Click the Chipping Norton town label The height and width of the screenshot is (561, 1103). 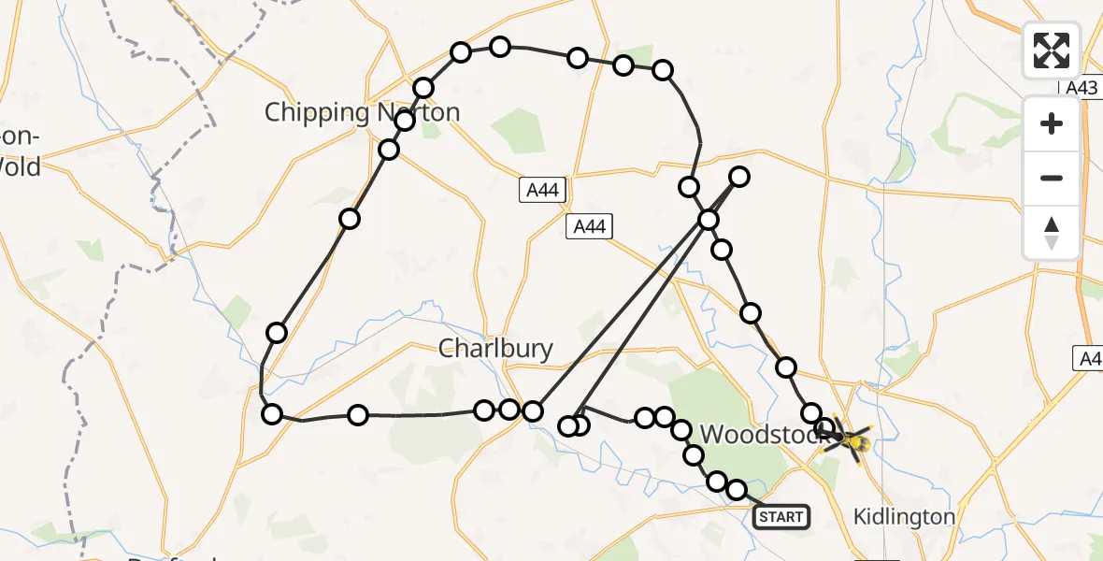pyautogui.click(x=362, y=113)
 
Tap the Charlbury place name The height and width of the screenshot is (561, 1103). pyautogui.click(x=495, y=350)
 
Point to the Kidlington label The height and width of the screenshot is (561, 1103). pyautogui.click(x=905, y=517)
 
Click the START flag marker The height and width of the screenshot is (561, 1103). pyautogui.click(x=781, y=516)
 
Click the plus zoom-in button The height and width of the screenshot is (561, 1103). pyautogui.click(x=1052, y=123)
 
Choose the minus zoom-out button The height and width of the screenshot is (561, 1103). pyautogui.click(x=1052, y=178)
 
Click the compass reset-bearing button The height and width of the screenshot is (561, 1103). pyautogui.click(x=1052, y=233)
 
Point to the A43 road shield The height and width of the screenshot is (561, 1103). pyautogui.click(x=1081, y=87)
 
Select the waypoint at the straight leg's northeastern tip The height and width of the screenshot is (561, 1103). pyautogui.click(x=739, y=176)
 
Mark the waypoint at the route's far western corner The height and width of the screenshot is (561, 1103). pyautogui.click(x=271, y=414)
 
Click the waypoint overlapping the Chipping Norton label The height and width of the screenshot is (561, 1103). pyautogui.click(x=405, y=121)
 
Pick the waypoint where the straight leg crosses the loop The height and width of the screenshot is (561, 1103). pyautogui.click(x=709, y=220)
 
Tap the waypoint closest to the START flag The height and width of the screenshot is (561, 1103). pyautogui.click(x=737, y=490)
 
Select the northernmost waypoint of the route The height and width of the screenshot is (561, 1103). pyautogui.click(x=500, y=47)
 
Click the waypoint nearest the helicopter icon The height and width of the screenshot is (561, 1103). pyautogui.click(x=824, y=428)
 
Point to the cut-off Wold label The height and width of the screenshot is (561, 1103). pyautogui.click(x=21, y=167)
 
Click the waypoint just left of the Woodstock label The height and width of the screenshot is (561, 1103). pyautogui.click(x=682, y=430)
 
